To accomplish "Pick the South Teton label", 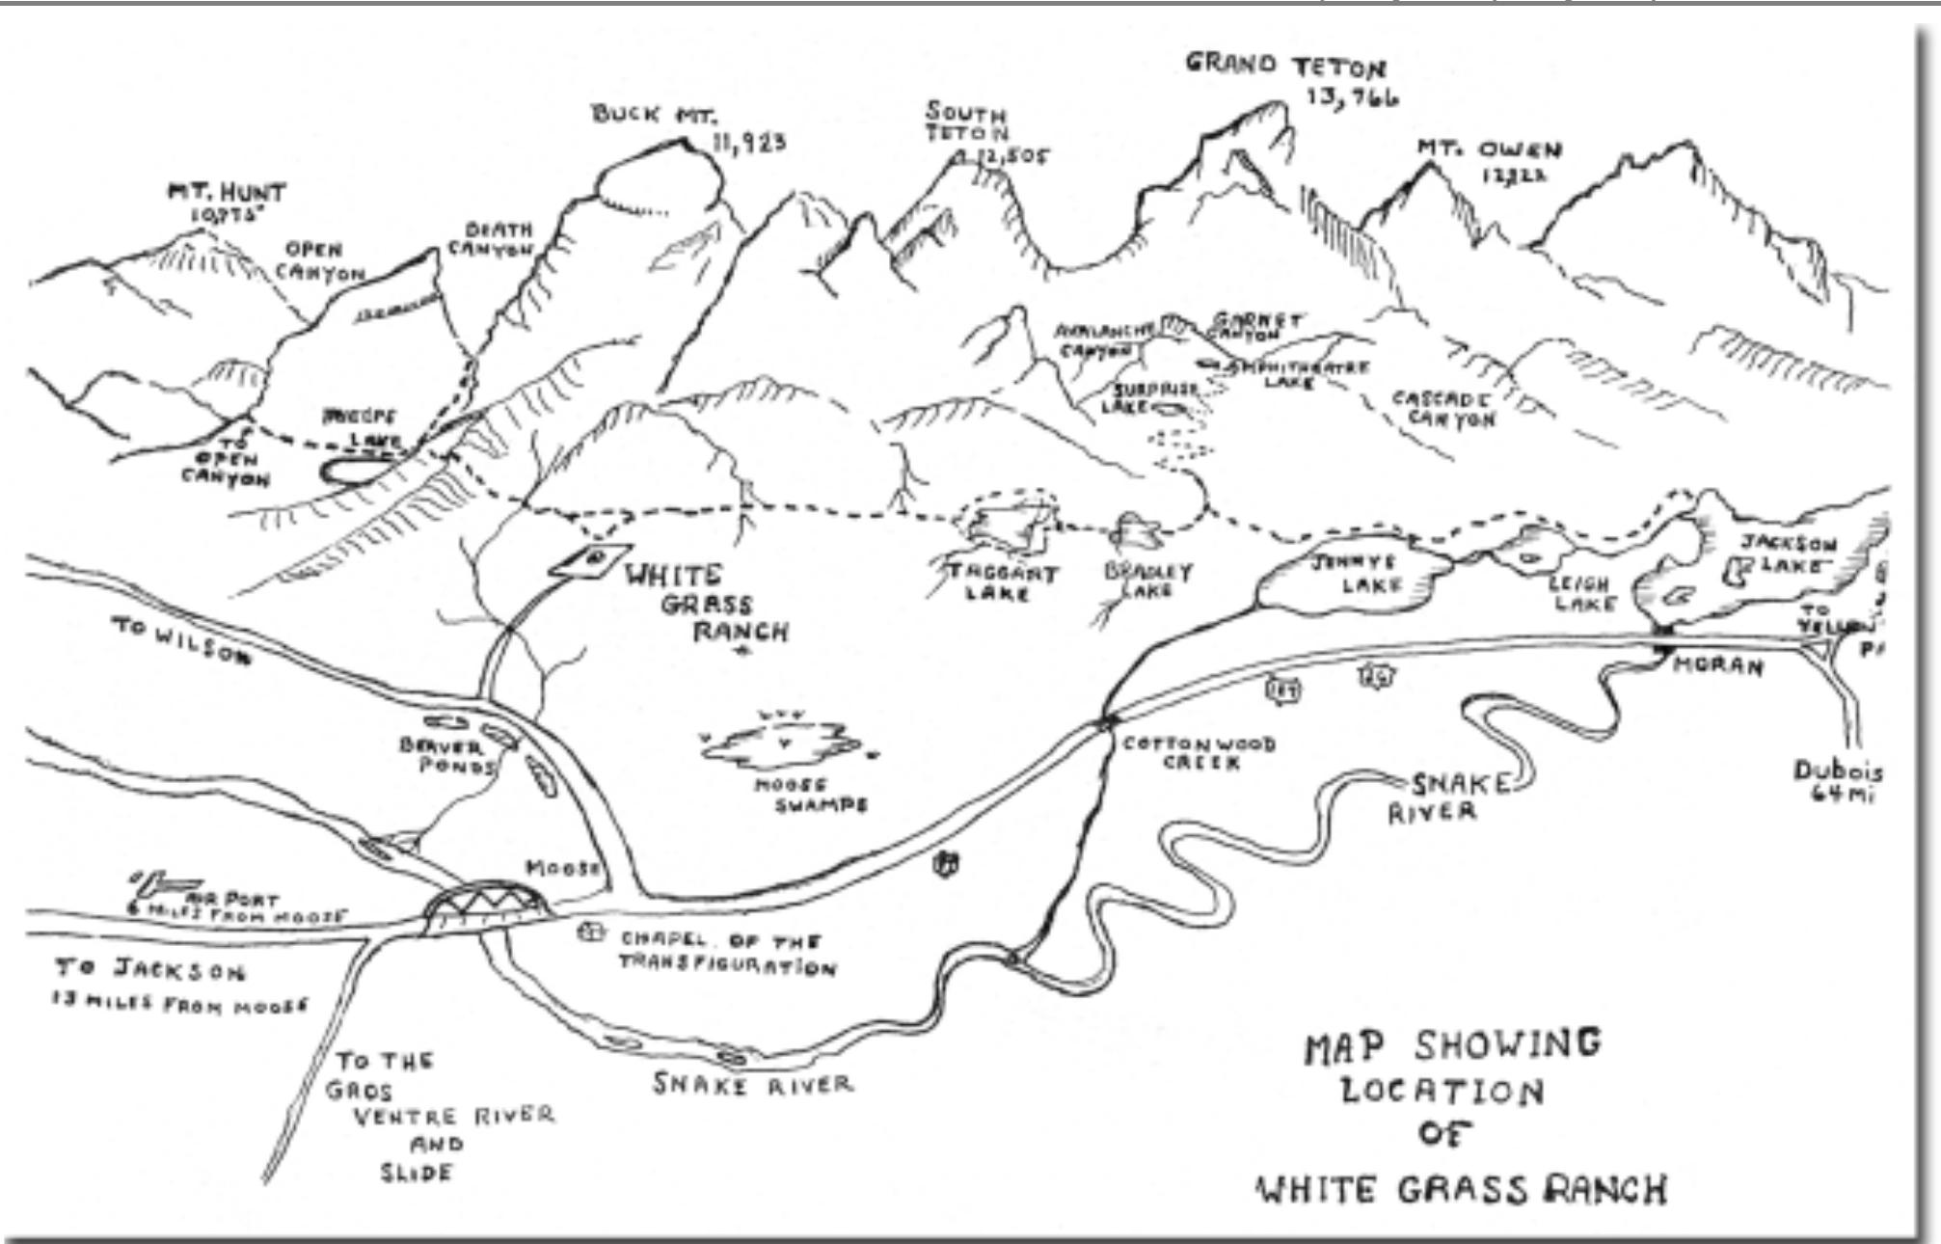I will (966, 122).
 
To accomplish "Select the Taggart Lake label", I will (1001, 581).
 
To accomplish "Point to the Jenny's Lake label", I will (1353, 573).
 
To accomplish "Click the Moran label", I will (1716, 665).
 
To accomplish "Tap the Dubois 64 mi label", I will (1837, 782).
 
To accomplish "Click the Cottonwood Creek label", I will (1198, 752).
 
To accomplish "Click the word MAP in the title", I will (1344, 1047).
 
